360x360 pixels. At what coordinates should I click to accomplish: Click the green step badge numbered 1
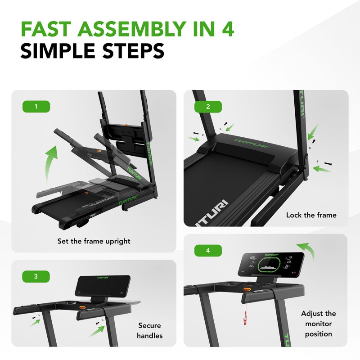[36, 107]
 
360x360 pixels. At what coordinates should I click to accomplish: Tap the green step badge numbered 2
[208, 107]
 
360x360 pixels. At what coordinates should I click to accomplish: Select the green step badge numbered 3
[36, 276]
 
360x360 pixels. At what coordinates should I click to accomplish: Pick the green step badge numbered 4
[208, 251]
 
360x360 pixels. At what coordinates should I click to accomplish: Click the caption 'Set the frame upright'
[94, 241]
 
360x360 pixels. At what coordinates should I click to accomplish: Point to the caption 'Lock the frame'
[311, 215]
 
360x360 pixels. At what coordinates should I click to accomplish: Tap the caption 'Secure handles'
[150, 330]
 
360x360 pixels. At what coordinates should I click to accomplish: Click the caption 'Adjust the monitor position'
[318, 324]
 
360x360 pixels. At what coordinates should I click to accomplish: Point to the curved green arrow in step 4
[307, 250]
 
